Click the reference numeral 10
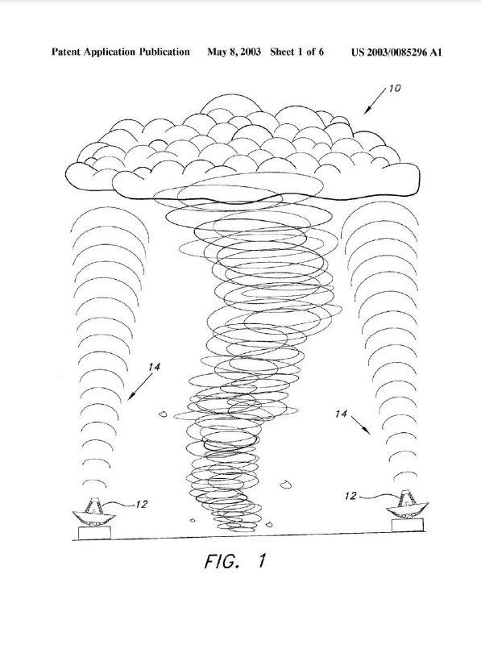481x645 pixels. pos(395,88)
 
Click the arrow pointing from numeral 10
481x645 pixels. pos(375,100)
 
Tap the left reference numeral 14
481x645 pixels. pos(155,367)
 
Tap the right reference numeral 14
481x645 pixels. pos(342,414)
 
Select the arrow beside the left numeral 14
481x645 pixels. pos(139,386)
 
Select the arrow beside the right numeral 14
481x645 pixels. pos(360,425)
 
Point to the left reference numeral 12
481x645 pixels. pos(141,505)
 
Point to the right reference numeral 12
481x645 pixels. pos(350,496)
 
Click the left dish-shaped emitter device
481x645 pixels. pos(94,512)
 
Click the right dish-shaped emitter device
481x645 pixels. pos(407,505)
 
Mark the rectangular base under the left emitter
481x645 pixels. pos(94,533)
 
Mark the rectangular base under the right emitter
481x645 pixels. pos(408,526)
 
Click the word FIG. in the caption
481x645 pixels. pos(222,561)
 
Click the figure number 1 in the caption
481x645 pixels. pos(262,560)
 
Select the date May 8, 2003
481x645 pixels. pos(234,52)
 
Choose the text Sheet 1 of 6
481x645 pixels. pos(296,52)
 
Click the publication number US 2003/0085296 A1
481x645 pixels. pos(396,52)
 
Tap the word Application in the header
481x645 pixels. pos(110,52)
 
